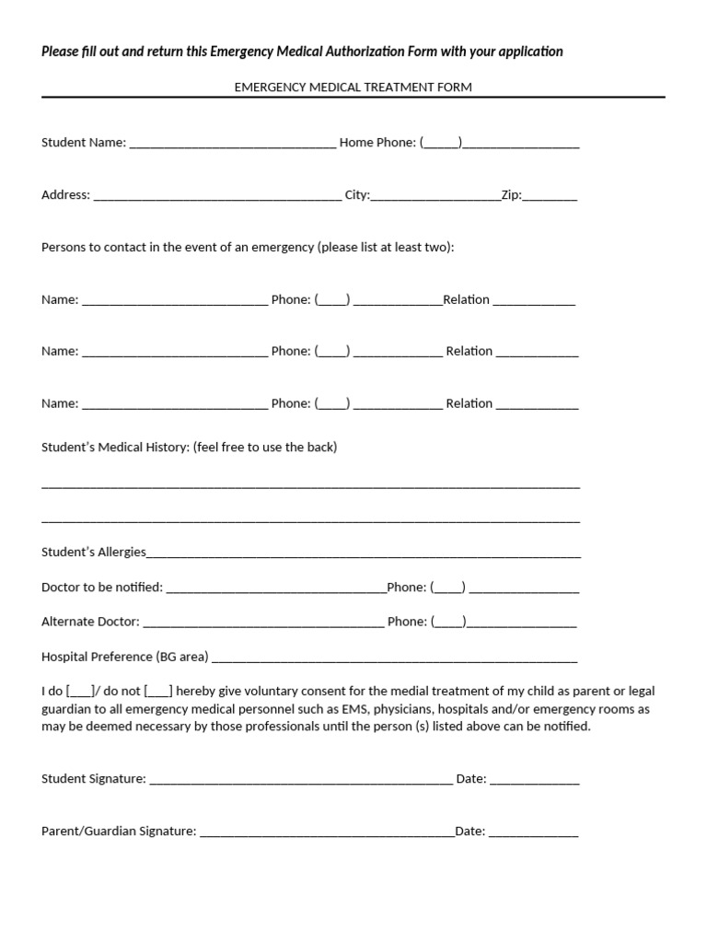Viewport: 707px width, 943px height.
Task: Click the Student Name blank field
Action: [x=233, y=144]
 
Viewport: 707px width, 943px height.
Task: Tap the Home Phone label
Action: [x=377, y=143]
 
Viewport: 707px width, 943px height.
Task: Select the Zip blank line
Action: [x=551, y=196]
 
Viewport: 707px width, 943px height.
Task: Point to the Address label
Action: [x=65, y=195]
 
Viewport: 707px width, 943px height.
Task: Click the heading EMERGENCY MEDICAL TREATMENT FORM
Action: [x=353, y=87]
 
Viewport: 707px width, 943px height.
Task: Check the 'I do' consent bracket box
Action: [x=80, y=692]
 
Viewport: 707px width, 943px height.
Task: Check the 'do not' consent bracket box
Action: [x=158, y=692]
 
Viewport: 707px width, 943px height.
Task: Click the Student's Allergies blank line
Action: [x=364, y=553]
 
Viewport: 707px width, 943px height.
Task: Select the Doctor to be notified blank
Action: [x=275, y=588]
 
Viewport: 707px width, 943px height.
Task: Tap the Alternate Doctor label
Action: [x=90, y=622]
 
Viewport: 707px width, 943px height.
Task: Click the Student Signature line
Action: [x=301, y=780]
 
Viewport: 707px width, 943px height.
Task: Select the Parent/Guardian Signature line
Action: [x=327, y=832]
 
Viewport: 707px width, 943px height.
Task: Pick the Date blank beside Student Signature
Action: [x=535, y=780]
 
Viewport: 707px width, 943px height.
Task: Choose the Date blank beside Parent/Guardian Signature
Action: [x=534, y=832]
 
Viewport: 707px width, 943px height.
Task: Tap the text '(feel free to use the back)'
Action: [x=265, y=448]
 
